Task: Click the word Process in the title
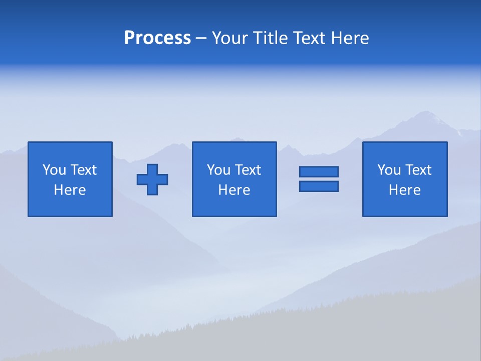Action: point(157,38)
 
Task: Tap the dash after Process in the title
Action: point(201,38)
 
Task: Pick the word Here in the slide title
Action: point(350,38)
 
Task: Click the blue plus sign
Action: point(152,179)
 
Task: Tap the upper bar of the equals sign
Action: point(319,171)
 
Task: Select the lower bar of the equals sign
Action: point(319,186)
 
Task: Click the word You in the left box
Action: point(54,170)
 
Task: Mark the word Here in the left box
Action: point(70,190)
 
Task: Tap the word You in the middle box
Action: point(218,170)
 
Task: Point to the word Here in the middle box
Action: point(234,190)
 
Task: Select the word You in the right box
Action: point(389,170)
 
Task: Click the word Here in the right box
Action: point(404,190)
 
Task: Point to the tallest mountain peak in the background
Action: point(425,113)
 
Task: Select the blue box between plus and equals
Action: point(234,206)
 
